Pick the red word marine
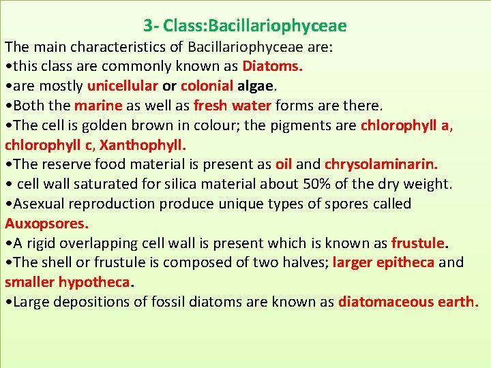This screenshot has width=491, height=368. tap(98, 106)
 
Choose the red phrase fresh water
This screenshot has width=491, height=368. tap(233, 106)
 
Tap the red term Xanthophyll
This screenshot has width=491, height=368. tap(143, 145)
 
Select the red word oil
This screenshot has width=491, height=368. tap(284, 164)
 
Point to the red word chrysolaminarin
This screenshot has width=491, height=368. tap(381, 164)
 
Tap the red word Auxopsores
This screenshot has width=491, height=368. tap(46, 224)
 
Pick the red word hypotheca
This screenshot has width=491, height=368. tap(93, 282)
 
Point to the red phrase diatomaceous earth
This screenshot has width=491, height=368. tap(408, 302)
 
